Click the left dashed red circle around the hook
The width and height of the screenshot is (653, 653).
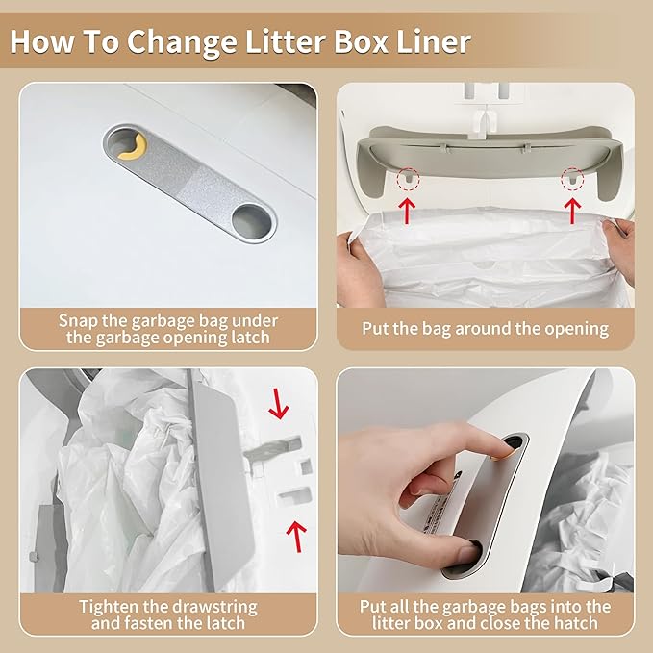click(x=408, y=178)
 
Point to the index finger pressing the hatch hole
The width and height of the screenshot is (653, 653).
click(x=481, y=449)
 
